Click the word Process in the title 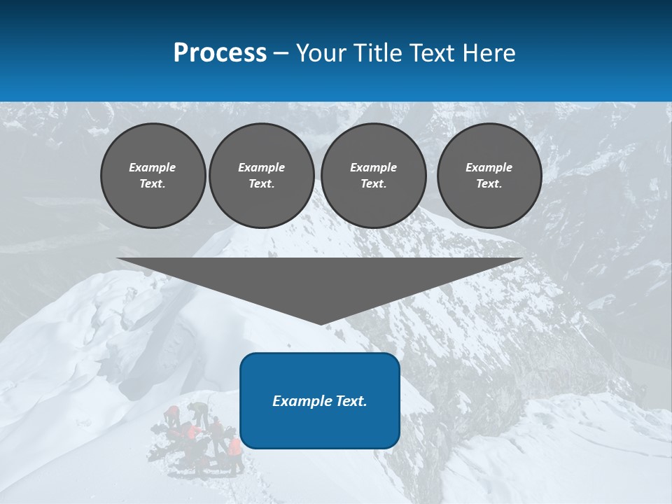[x=220, y=53]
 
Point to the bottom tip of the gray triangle [x=321, y=323]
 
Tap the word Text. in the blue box [x=350, y=401]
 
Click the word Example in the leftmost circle [x=153, y=167]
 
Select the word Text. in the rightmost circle [x=489, y=183]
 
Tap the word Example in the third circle [x=373, y=167]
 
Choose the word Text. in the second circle [x=261, y=183]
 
